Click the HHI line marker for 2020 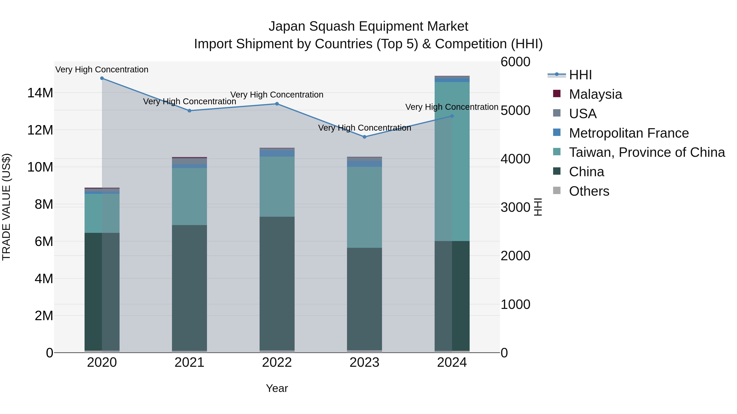(x=102, y=78)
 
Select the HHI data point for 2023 (x=364, y=137)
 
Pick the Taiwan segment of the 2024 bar (x=452, y=162)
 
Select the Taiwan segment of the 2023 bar (x=364, y=207)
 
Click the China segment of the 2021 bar (x=189, y=287)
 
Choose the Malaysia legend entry (x=595, y=94)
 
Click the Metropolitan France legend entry (x=628, y=133)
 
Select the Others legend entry (x=589, y=191)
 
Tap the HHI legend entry (x=580, y=75)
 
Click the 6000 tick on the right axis (x=515, y=62)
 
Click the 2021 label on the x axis (x=189, y=362)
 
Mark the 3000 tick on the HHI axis (x=515, y=208)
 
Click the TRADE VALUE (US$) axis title (x=7, y=207)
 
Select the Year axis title (x=277, y=388)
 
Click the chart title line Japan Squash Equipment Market (x=368, y=26)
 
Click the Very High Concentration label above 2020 (x=102, y=70)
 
